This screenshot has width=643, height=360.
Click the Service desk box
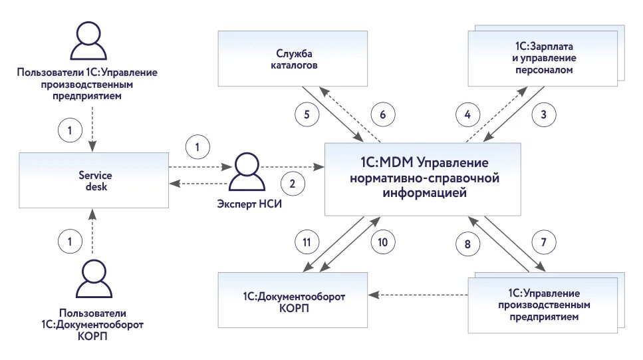[x=94, y=180]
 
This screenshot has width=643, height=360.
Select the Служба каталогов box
[x=293, y=59]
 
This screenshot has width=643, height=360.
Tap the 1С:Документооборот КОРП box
[x=293, y=300]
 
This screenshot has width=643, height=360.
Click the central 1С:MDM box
[x=423, y=180]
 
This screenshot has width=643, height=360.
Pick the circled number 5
[x=307, y=114]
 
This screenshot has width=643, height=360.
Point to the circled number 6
[x=382, y=114]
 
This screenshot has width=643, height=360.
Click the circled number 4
[x=467, y=114]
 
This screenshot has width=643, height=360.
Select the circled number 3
[x=544, y=114]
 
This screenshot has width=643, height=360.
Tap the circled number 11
[x=307, y=242]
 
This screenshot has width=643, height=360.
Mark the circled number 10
[x=382, y=242]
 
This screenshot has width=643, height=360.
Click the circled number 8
[x=467, y=244]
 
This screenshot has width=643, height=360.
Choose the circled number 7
[x=544, y=242]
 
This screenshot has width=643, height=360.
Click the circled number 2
[x=293, y=184]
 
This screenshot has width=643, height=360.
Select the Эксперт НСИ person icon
[x=247, y=172]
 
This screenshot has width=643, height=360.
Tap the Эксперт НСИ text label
[x=249, y=204]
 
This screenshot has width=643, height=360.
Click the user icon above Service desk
[x=88, y=41]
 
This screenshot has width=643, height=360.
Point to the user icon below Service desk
[x=94, y=278]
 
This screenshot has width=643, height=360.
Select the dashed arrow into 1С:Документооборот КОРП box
[x=418, y=295]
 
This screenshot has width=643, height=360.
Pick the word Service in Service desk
[x=95, y=175]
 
